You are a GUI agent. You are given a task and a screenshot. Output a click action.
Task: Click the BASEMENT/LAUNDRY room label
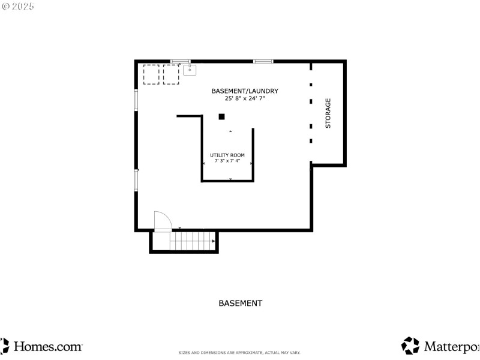(244, 91)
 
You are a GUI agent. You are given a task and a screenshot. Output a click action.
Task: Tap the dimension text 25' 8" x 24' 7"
(244, 98)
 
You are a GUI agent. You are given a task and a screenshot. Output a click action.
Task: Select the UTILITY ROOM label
(227, 155)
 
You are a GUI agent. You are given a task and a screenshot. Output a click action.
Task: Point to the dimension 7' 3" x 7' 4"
(227, 161)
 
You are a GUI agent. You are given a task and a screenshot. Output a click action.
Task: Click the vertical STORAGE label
(328, 113)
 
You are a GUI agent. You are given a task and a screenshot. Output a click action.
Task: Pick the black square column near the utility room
(221, 116)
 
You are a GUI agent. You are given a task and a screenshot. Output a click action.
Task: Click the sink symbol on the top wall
(190, 70)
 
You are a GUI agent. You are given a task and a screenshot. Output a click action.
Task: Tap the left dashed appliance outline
(151, 74)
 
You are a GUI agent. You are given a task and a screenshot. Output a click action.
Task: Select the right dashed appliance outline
(172, 74)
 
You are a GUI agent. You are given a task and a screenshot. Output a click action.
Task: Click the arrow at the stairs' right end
(213, 241)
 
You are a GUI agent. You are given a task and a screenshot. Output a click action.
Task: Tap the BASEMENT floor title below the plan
(240, 304)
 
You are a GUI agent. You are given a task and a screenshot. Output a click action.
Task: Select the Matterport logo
(441, 346)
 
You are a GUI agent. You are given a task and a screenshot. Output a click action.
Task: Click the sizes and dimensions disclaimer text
(239, 353)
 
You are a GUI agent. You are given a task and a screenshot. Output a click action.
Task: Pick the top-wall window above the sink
(181, 61)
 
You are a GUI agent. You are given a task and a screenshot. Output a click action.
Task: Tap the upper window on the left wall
(136, 100)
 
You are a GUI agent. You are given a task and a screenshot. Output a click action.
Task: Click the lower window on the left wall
(136, 180)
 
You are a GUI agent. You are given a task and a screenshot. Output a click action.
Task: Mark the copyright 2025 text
(17, 6)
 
